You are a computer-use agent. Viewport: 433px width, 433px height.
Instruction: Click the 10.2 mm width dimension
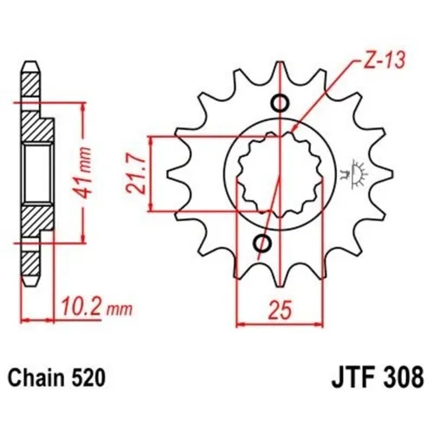coord(87,304)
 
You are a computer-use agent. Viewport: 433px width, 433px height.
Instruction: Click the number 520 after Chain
coord(89,378)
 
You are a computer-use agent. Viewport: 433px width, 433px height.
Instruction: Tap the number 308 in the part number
coord(402,378)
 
